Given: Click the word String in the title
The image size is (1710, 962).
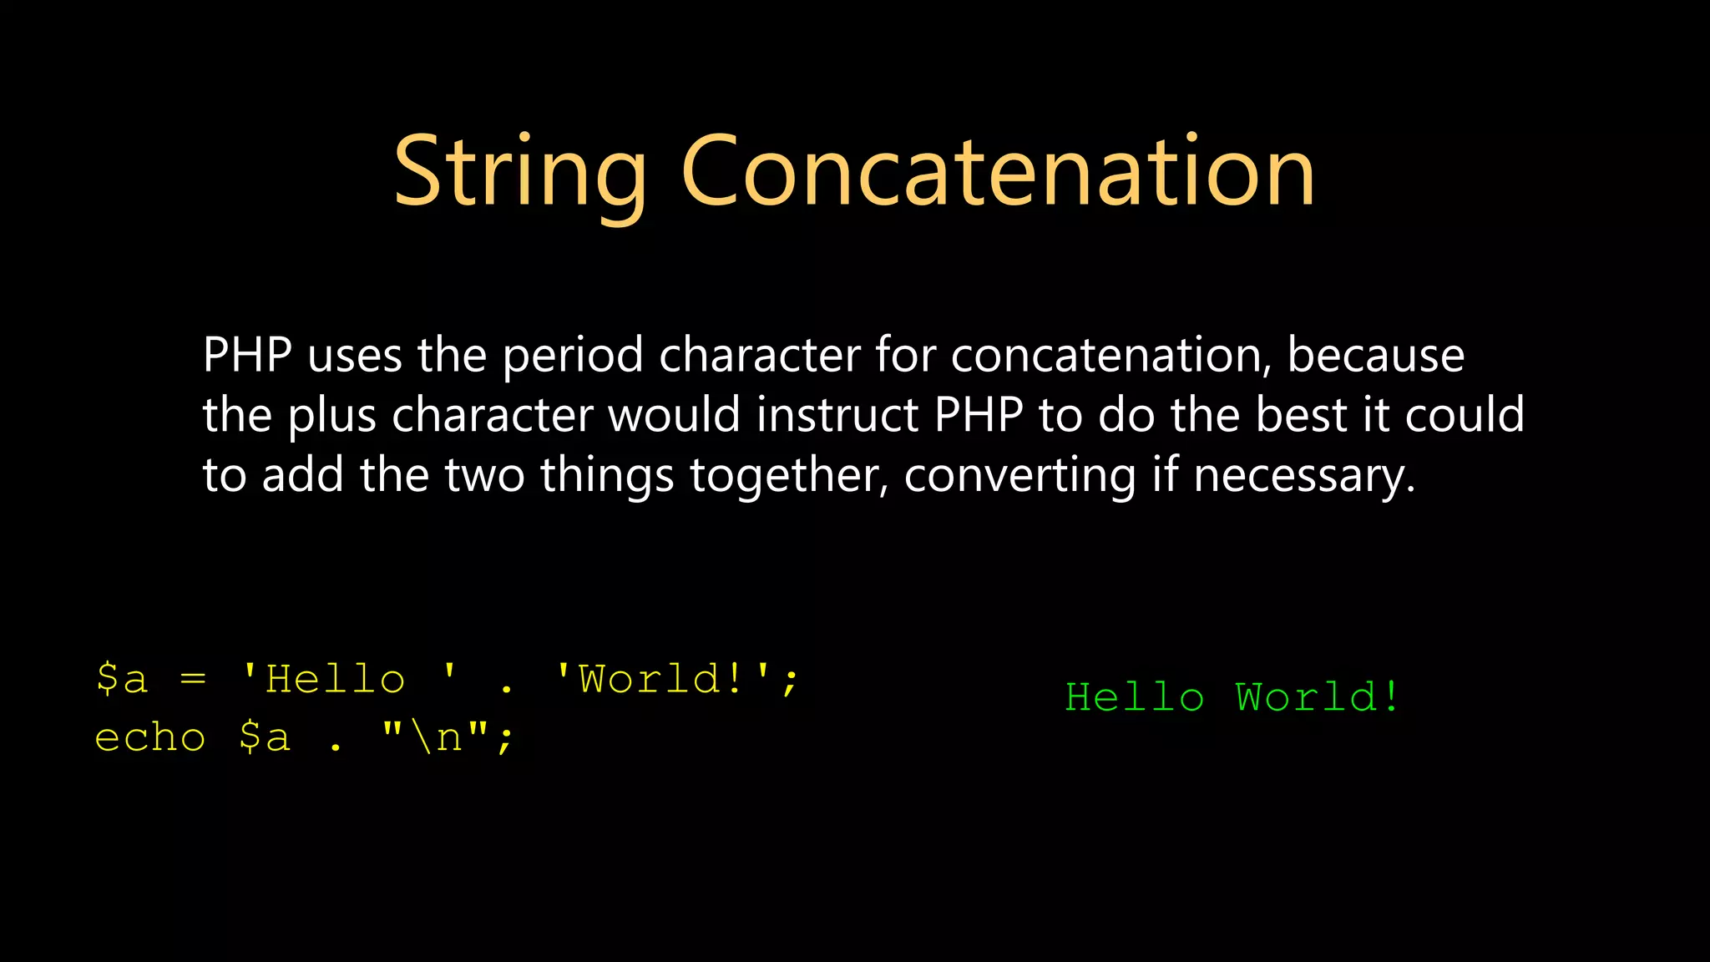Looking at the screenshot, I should [x=519, y=173].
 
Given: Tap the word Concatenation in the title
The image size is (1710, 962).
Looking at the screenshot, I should [x=998, y=173].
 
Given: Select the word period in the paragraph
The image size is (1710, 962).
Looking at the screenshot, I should [x=572, y=356].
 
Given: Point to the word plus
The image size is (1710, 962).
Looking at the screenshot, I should [x=331, y=416].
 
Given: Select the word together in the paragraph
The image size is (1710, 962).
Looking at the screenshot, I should [x=789, y=476].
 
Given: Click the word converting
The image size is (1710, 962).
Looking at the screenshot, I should [x=1019, y=476].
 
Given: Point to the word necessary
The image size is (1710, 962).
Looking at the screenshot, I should [x=1304, y=476].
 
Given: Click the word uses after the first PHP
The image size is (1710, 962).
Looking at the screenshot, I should [x=355, y=356].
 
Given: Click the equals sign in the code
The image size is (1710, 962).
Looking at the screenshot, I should [x=193, y=679].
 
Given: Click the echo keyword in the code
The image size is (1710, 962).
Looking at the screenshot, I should [x=150, y=738].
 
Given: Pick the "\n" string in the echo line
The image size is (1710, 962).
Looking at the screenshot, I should [x=435, y=738].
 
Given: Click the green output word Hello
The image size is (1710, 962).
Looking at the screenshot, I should [x=1135, y=697].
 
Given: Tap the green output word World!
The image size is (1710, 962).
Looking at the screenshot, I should [x=1318, y=697].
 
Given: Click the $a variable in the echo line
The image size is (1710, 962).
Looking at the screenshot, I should [x=265, y=738].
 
